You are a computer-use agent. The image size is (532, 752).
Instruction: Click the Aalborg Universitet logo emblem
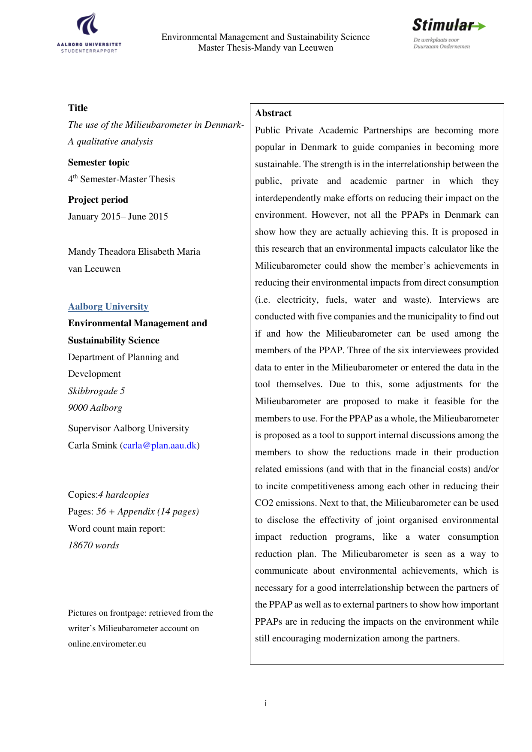click(x=88, y=24)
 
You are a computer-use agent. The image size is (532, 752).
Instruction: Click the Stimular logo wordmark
click(x=443, y=26)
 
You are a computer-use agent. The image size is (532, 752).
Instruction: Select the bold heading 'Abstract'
click(x=273, y=113)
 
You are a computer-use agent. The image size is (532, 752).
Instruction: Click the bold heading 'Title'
click(x=78, y=108)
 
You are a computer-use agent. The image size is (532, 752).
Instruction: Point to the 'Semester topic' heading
click(x=99, y=162)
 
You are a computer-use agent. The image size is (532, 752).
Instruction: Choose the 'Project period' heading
click(x=98, y=200)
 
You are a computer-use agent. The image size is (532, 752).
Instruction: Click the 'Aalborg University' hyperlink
click(x=108, y=307)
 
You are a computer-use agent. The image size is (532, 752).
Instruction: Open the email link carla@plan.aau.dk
click(x=159, y=445)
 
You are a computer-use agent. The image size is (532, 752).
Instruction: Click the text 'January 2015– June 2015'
click(x=118, y=217)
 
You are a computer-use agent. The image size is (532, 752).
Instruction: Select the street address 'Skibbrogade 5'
click(x=96, y=391)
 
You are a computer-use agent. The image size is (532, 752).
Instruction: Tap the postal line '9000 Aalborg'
click(x=95, y=408)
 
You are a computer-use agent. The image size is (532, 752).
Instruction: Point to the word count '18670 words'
click(x=93, y=545)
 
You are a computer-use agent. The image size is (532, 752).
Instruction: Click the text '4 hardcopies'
click(x=124, y=495)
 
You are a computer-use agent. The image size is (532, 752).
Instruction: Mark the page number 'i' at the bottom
click(x=266, y=703)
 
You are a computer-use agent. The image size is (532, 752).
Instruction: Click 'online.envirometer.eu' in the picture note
click(x=107, y=644)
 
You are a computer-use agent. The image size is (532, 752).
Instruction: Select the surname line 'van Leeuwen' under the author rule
click(x=94, y=269)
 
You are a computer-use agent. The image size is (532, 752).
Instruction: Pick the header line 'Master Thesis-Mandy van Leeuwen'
click(x=265, y=48)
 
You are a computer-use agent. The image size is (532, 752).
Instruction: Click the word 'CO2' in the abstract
click(x=264, y=503)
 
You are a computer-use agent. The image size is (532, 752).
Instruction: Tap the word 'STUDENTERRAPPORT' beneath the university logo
click(x=89, y=51)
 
